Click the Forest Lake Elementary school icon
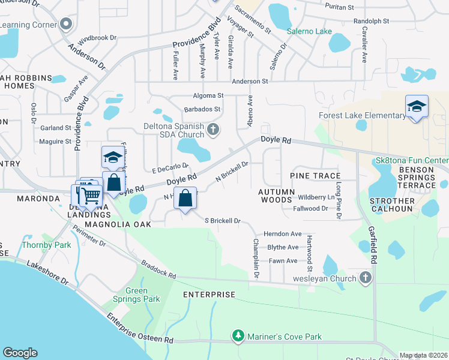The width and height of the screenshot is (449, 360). pyautogui.click(x=417, y=107)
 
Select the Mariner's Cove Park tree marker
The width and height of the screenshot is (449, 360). pyautogui.click(x=239, y=337)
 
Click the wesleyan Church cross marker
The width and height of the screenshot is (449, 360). pyautogui.click(x=366, y=278)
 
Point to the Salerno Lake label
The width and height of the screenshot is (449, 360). pyautogui.click(x=309, y=31)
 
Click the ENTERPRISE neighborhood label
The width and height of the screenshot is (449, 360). pyautogui.click(x=209, y=295)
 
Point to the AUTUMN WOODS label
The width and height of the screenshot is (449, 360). pyautogui.click(x=277, y=196)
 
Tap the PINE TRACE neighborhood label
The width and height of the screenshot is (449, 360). pyautogui.click(x=312, y=175)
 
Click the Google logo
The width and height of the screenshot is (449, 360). pyautogui.click(x=20, y=353)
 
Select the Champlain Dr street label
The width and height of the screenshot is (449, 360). pyautogui.click(x=256, y=259)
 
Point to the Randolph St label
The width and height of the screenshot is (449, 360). pyautogui.click(x=372, y=21)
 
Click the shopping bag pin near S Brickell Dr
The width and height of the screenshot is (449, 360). pyautogui.click(x=185, y=198)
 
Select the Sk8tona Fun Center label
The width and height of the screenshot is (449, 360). pyautogui.click(x=411, y=161)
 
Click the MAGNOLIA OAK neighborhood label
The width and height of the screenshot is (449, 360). pyautogui.click(x=116, y=224)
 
